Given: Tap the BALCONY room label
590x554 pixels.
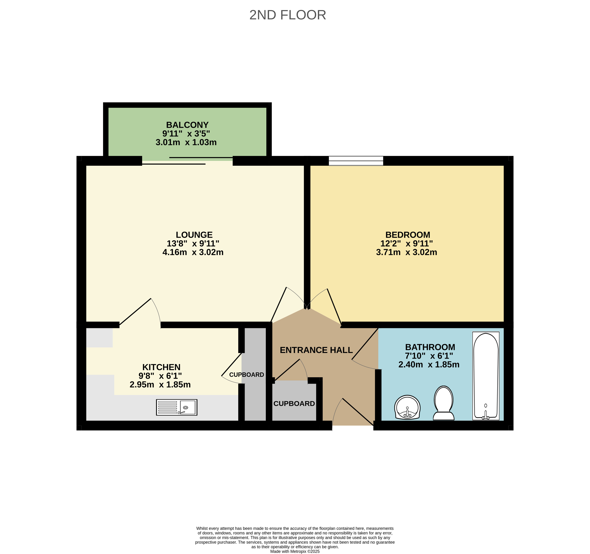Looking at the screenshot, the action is (x=187, y=125).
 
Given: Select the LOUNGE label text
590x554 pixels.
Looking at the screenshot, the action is (x=194, y=235).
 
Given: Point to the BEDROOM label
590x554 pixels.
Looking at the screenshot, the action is (x=408, y=235).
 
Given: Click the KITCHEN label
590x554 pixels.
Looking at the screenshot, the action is (x=162, y=367).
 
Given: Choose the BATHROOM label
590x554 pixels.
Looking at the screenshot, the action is (x=430, y=347).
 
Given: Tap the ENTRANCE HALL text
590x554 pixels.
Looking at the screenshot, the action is (x=316, y=350).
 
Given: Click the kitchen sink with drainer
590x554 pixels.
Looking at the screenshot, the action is (x=177, y=407).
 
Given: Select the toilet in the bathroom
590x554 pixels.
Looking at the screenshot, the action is (x=444, y=403).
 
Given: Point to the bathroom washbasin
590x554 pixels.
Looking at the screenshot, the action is (x=407, y=407).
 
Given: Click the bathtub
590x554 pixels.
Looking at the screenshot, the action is (x=486, y=376).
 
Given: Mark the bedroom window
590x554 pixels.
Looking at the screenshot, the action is (x=356, y=161).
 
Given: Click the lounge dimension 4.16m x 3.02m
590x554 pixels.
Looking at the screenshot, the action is (x=193, y=252).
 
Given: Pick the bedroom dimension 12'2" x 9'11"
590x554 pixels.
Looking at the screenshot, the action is (x=407, y=244).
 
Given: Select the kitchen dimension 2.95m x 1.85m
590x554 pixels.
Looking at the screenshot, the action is (x=160, y=385).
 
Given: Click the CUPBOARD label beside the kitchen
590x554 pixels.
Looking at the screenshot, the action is (x=247, y=375).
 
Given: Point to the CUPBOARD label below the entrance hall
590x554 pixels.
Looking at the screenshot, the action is (x=294, y=404).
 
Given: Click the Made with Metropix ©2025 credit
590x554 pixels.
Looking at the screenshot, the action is (x=295, y=551).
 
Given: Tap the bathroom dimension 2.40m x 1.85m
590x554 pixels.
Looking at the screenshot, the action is (x=429, y=365).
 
